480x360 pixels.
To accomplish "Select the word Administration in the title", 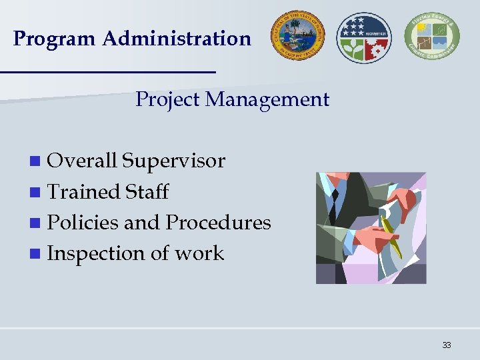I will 177,39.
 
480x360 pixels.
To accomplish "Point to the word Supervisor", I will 174,161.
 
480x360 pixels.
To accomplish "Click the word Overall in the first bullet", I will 83,161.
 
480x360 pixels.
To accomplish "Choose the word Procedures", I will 218,223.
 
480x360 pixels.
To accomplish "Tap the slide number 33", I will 446,345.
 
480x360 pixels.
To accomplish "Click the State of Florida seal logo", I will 297,37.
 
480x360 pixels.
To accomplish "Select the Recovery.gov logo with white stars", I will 365,37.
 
